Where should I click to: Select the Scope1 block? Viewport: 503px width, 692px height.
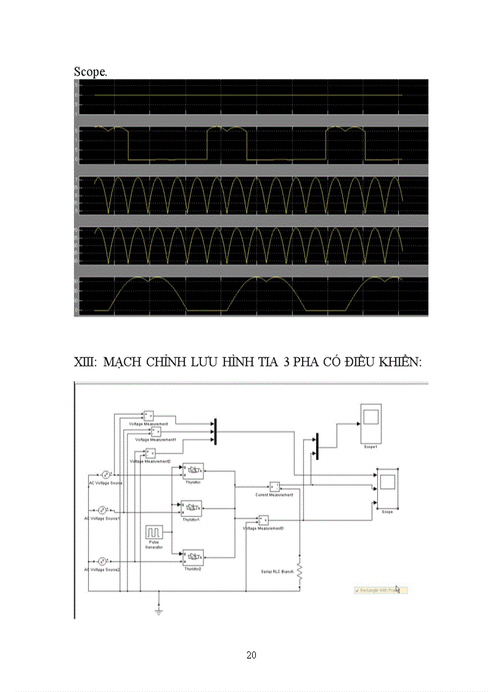point(371,423)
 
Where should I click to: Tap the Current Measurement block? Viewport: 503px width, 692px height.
point(274,486)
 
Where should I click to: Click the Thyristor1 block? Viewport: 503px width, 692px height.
point(192,508)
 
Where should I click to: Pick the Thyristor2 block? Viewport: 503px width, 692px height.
point(192,557)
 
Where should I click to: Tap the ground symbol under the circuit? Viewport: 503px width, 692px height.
point(159,611)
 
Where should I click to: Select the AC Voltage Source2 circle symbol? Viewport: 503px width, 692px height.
point(103,561)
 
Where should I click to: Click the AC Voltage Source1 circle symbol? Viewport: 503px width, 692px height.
point(103,510)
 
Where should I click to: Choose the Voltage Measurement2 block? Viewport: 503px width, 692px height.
point(150,453)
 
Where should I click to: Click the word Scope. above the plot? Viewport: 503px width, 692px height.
point(91,71)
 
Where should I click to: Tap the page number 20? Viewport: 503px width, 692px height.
point(251,654)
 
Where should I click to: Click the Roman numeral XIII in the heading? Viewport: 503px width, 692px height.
point(84,362)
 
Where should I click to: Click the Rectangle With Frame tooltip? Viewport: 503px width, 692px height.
point(377,590)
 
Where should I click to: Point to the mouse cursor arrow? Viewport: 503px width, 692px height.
point(398,590)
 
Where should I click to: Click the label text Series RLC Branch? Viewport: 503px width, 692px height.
point(274,571)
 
